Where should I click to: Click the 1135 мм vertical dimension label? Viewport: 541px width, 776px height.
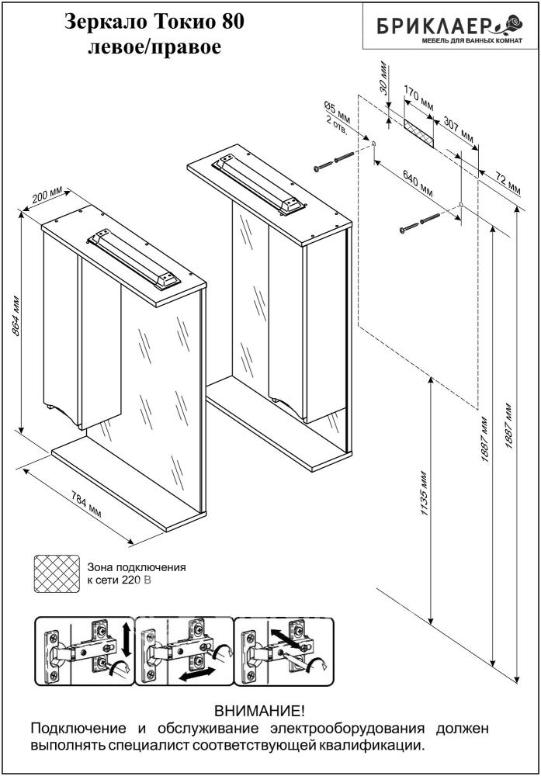click(423, 496)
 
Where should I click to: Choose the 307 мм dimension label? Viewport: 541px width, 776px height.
click(457, 129)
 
